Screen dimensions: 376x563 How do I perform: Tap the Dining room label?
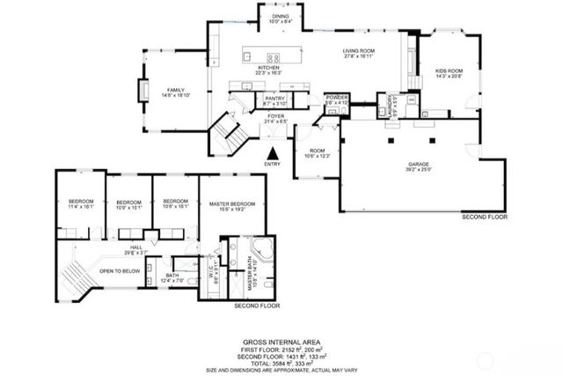(281, 17)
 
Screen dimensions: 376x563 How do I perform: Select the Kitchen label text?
(268, 69)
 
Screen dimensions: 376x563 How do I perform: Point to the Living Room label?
(360, 52)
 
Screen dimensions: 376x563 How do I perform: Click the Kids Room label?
(450, 72)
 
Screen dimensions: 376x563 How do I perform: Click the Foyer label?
(276, 116)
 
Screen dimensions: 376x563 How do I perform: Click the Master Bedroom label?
(232, 206)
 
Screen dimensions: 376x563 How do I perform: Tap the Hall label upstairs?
(136, 249)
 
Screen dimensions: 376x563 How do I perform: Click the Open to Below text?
(120, 271)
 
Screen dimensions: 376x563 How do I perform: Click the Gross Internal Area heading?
(281, 342)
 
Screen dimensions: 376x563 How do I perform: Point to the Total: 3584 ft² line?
(281, 361)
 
